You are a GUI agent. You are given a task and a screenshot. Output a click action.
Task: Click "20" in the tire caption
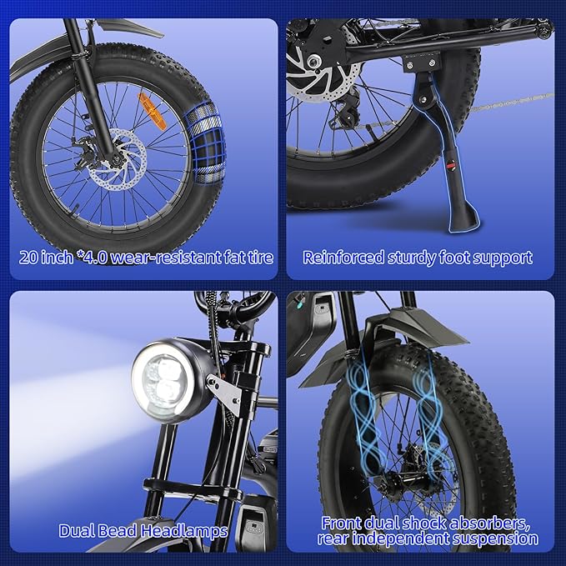[30, 257]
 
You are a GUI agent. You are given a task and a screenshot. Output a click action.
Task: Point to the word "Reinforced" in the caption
[343, 257]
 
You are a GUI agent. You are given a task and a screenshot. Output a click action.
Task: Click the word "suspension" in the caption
[498, 540]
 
